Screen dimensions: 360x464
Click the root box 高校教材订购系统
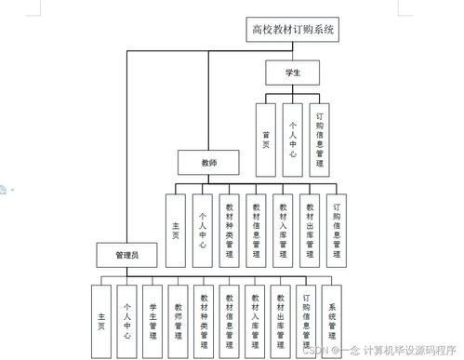[292, 30]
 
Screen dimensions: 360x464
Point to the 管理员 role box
[127, 253]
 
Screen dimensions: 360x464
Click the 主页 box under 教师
[177, 229]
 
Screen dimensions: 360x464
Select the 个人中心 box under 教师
[202, 229]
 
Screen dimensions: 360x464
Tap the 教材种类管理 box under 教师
[230, 229]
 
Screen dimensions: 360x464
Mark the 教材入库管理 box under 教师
[283, 229]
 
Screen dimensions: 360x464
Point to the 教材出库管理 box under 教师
[310, 229]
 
